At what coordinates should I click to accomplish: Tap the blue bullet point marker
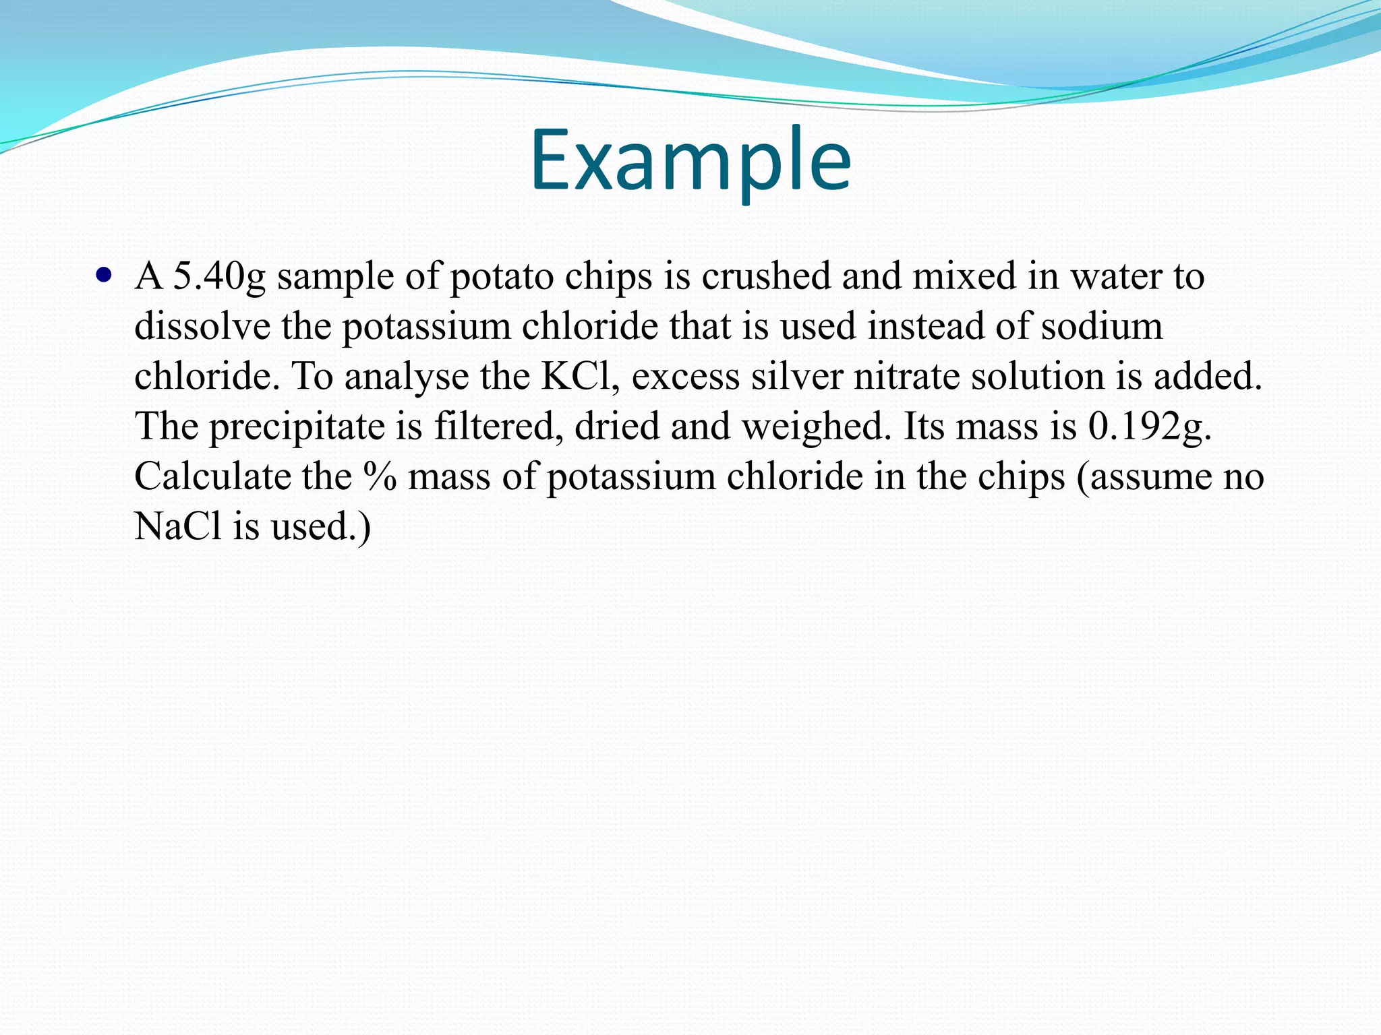pyautogui.click(x=103, y=275)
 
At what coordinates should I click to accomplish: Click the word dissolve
pyautogui.click(x=202, y=326)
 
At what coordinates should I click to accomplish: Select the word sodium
pyautogui.click(x=1102, y=326)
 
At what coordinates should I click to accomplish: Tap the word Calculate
pyautogui.click(x=212, y=476)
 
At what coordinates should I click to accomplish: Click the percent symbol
pyautogui.click(x=380, y=476)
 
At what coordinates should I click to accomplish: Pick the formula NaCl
pyautogui.click(x=178, y=526)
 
